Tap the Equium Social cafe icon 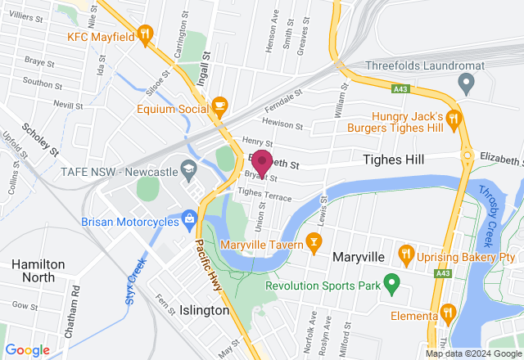coord(219,105)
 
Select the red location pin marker coord(262,163)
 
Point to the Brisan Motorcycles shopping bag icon coord(190,218)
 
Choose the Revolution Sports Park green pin coord(391,286)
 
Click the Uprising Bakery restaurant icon coord(404,254)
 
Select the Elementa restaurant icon coord(448,312)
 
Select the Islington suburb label coord(204,311)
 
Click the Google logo coord(27,349)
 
